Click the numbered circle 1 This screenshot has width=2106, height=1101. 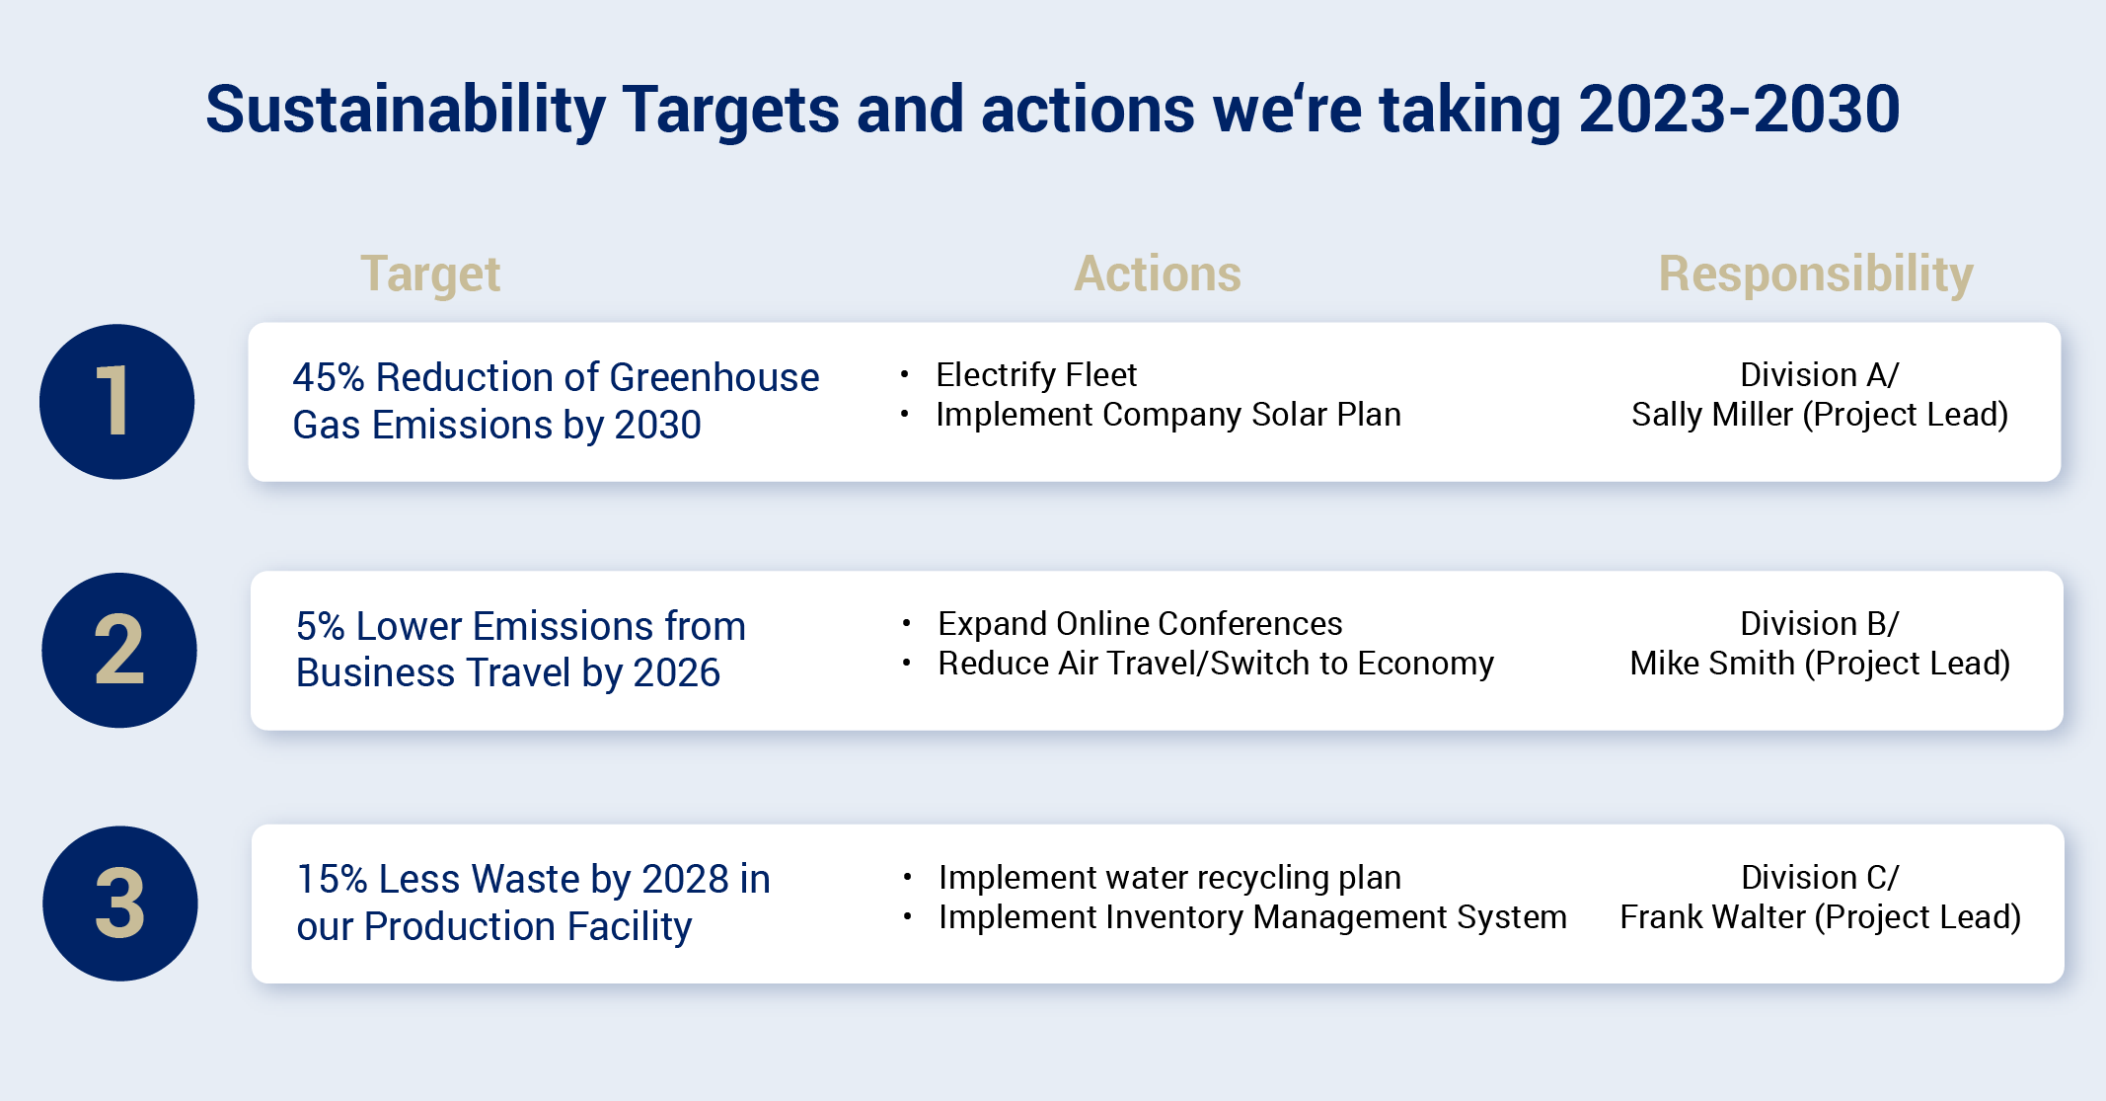116,402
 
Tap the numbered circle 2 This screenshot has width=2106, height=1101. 118,651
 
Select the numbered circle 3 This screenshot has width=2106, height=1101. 119,904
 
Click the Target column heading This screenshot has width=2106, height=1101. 430,274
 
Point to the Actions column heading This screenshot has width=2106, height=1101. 1157,274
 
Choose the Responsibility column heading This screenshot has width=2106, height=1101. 1815,274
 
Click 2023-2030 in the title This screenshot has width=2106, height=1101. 1739,109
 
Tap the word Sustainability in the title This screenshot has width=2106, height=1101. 405,109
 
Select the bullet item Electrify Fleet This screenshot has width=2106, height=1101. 1036,375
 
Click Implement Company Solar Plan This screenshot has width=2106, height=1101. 1167,415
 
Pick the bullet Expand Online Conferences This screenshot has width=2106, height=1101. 1139,624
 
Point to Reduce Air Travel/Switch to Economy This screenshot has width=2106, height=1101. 1215,664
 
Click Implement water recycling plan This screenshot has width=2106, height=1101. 1168,878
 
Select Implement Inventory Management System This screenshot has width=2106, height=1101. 1251,917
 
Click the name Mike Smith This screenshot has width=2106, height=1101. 1711,664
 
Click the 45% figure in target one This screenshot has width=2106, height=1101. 329,378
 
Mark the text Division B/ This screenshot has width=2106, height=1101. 1819,624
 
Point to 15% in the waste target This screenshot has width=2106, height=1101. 332,880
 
